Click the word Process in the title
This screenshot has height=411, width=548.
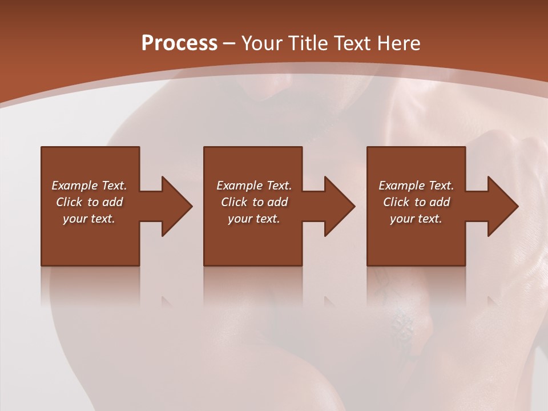click(x=179, y=43)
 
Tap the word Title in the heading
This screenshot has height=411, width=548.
click(x=308, y=43)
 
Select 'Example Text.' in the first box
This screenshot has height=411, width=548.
click(x=89, y=186)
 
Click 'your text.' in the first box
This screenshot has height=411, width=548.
click(x=89, y=219)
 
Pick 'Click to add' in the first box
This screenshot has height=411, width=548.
click(x=89, y=202)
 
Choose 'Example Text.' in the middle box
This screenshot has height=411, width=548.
click(x=253, y=186)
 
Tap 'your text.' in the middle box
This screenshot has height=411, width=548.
click(x=253, y=219)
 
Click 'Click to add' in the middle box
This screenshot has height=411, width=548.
click(x=253, y=202)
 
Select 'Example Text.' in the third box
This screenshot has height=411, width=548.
click(x=416, y=186)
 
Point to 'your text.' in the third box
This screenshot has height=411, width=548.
click(x=416, y=219)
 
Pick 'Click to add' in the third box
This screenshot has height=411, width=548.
click(x=416, y=202)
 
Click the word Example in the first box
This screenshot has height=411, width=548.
click(x=75, y=186)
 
